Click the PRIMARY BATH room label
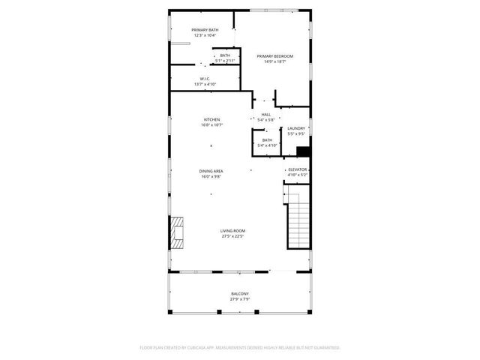205,29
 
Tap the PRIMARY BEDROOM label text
274,56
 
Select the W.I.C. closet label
205,79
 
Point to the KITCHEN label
211,120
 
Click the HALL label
265,115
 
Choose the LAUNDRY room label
296,128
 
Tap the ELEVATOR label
297,169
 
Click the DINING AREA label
211,171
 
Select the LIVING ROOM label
232,231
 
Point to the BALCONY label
239,293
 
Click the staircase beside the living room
298,222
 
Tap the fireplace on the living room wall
177,232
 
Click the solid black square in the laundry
303,151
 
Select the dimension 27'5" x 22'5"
232,237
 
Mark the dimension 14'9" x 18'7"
274,62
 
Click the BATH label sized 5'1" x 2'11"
225,55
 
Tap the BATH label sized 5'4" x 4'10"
267,140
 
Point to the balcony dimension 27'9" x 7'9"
239,299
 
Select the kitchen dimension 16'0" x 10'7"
211,125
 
